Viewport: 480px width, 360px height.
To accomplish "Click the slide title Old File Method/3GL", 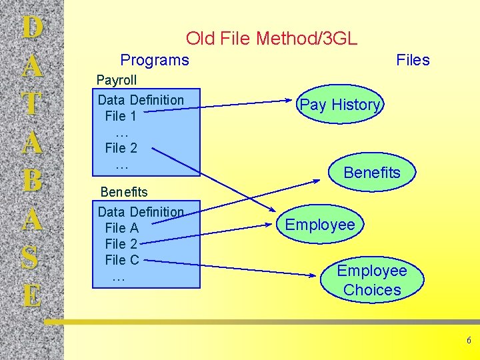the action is click(x=271, y=39).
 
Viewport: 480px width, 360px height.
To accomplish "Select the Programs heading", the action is click(x=155, y=60).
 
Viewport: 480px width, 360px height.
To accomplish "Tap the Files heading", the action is click(x=413, y=60).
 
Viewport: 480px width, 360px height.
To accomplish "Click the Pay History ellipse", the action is click(x=340, y=105).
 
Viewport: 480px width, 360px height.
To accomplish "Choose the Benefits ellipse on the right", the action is click(x=372, y=173).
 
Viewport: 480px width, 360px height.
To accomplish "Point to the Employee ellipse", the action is click(x=320, y=225).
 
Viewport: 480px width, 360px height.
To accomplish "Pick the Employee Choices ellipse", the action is click(x=372, y=280).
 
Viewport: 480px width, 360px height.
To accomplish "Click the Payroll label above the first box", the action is click(x=117, y=80).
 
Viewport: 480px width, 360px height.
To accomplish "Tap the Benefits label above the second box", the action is click(x=124, y=192).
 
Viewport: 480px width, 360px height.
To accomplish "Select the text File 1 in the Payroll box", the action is click(x=121, y=116).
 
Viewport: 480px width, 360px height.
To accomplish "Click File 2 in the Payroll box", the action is click(x=121, y=148).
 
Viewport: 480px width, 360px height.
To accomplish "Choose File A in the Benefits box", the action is click(x=121, y=228).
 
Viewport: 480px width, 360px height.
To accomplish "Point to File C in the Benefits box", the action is click(x=121, y=260).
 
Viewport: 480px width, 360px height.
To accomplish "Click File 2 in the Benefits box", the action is click(x=121, y=244).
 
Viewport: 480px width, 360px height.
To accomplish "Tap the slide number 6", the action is click(x=469, y=341).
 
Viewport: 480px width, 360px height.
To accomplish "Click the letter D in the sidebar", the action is click(x=32, y=28).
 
